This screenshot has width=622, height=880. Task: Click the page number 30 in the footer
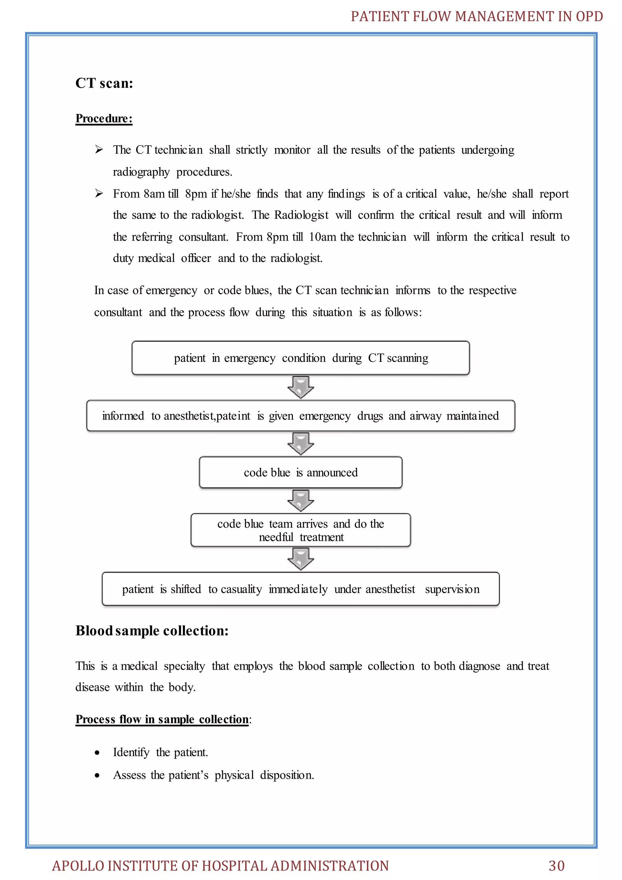coord(556,865)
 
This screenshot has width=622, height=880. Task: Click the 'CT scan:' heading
coord(104,83)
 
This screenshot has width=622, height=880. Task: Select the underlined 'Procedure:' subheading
coord(104,119)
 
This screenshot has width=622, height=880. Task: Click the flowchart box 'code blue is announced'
coord(301,472)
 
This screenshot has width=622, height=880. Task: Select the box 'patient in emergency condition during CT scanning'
coord(301,358)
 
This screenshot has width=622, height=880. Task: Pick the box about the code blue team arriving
coord(301,530)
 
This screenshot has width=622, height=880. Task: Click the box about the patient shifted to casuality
coord(301,589)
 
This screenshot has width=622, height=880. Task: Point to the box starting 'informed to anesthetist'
coord(301,416)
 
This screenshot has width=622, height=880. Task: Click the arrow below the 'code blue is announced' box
coord(301,500)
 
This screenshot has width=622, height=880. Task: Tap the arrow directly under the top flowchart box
coord(301,387)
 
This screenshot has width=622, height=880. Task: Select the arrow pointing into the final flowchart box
coord(301,559)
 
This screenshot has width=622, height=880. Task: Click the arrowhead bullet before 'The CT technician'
coord(99,150)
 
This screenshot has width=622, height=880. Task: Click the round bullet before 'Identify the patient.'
coord(97,753)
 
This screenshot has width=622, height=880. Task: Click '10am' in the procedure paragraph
coord(323,237)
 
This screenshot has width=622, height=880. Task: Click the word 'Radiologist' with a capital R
coord(301,215)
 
